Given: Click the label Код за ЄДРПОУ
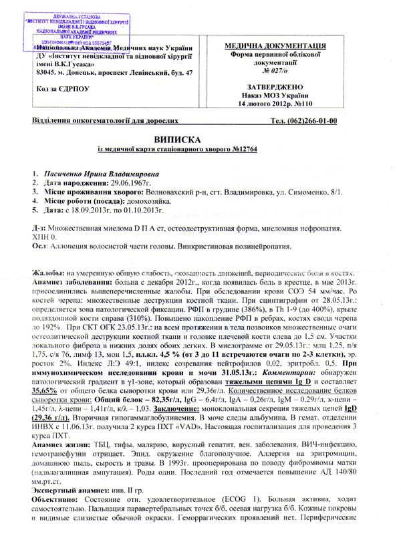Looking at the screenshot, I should pos(62,89).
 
